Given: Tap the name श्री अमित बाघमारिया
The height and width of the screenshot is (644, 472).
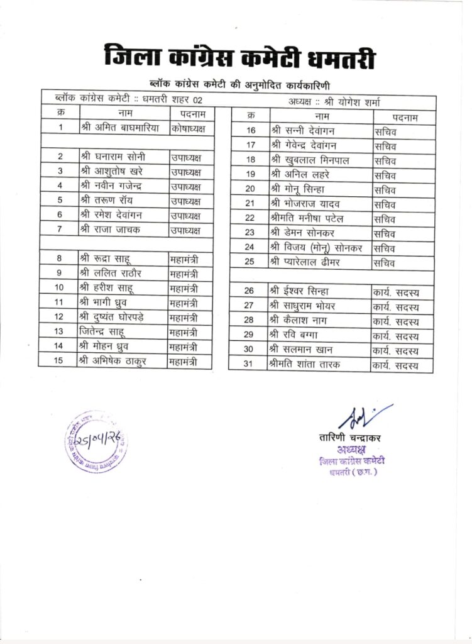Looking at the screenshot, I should (121, 127).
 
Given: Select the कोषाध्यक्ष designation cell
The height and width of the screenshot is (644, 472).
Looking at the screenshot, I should (192, 127).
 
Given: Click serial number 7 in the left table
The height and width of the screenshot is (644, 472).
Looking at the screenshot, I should (60, 230).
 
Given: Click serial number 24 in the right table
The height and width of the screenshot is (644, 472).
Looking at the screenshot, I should (250, 247).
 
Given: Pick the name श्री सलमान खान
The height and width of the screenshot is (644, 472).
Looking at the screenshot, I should (301, 350).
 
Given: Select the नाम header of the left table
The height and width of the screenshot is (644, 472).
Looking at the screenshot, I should (124, 113).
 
